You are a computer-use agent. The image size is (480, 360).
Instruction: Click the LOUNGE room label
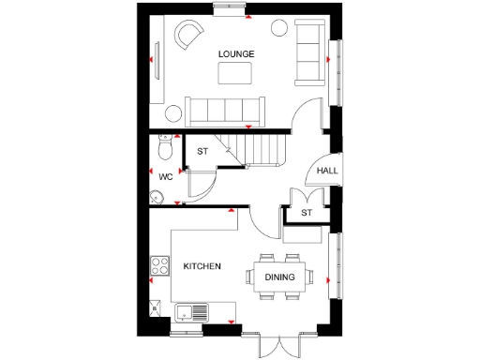pyautogui.click(x=235, y=53)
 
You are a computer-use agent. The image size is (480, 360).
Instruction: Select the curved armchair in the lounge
pyautogui.click(x=190, y=36)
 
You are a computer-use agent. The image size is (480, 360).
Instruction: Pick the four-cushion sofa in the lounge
pyautogui.click(x=225, y=111)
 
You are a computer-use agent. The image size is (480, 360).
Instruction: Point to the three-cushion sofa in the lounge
pyautogui.click(x=307, y=52)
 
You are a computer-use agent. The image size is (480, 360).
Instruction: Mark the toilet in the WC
pyautogui.click(x=167, y=149)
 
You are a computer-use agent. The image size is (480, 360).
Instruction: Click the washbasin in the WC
pyautogui.click(x=157, y=196)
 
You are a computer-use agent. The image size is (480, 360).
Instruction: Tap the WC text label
pyautogui.click(x=165, y=176)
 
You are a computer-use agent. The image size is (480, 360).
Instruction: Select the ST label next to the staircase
pyautogui.click(x=202, y=152)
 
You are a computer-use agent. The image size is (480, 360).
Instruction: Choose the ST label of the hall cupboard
pyautogui.click(x=307, y=214)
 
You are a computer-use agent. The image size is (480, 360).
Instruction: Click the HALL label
pyautogui.click(x=327, y=171)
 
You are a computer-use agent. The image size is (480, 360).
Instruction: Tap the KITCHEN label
pyautogui.click(x=202, y=267)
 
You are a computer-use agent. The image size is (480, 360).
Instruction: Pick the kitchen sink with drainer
pyautogui.click(x=195, y=312)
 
